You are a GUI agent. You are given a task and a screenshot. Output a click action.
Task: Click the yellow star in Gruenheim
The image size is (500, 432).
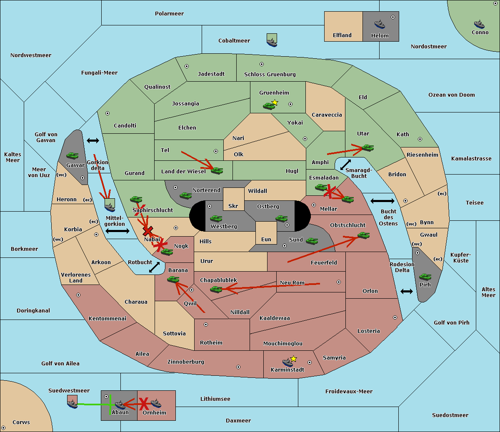coord(275,102)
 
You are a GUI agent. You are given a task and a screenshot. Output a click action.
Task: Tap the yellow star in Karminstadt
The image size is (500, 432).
coord(293,359)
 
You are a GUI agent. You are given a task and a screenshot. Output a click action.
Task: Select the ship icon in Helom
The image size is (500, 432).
coord(380,24)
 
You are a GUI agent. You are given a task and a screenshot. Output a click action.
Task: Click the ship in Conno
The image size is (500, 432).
coord(479,24)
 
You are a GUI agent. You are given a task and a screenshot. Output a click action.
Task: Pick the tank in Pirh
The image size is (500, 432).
coord(425,277)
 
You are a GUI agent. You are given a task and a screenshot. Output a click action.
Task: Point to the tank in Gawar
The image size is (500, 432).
coord(72,155)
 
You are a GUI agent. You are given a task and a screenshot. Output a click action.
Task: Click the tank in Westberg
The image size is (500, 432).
coord(216,219)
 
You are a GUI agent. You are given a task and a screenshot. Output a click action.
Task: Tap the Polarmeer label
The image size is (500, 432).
coord(169,14)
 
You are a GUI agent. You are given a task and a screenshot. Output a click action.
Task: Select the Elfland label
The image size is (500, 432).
coord(342,35)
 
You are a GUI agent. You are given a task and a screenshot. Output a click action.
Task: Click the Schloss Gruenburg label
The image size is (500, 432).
coord(270,74)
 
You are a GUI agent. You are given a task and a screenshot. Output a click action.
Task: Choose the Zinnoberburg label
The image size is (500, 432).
coord(186,362)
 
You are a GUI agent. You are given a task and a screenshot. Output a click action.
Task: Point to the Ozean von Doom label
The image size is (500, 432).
coord(452,95)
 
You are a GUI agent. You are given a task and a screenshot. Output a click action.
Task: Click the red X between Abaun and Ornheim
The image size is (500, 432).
coord(144,404)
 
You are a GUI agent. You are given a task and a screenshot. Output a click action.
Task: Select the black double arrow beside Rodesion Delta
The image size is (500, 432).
coord(407,292)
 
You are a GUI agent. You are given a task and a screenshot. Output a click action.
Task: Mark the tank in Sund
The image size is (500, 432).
coord(312,241)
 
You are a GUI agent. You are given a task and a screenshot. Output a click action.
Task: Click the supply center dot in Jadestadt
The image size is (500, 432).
coord(187,66)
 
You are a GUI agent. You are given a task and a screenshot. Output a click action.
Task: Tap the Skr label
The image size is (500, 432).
coord(233,206)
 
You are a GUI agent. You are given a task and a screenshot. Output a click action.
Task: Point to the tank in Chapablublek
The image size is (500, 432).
coord(216,289)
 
